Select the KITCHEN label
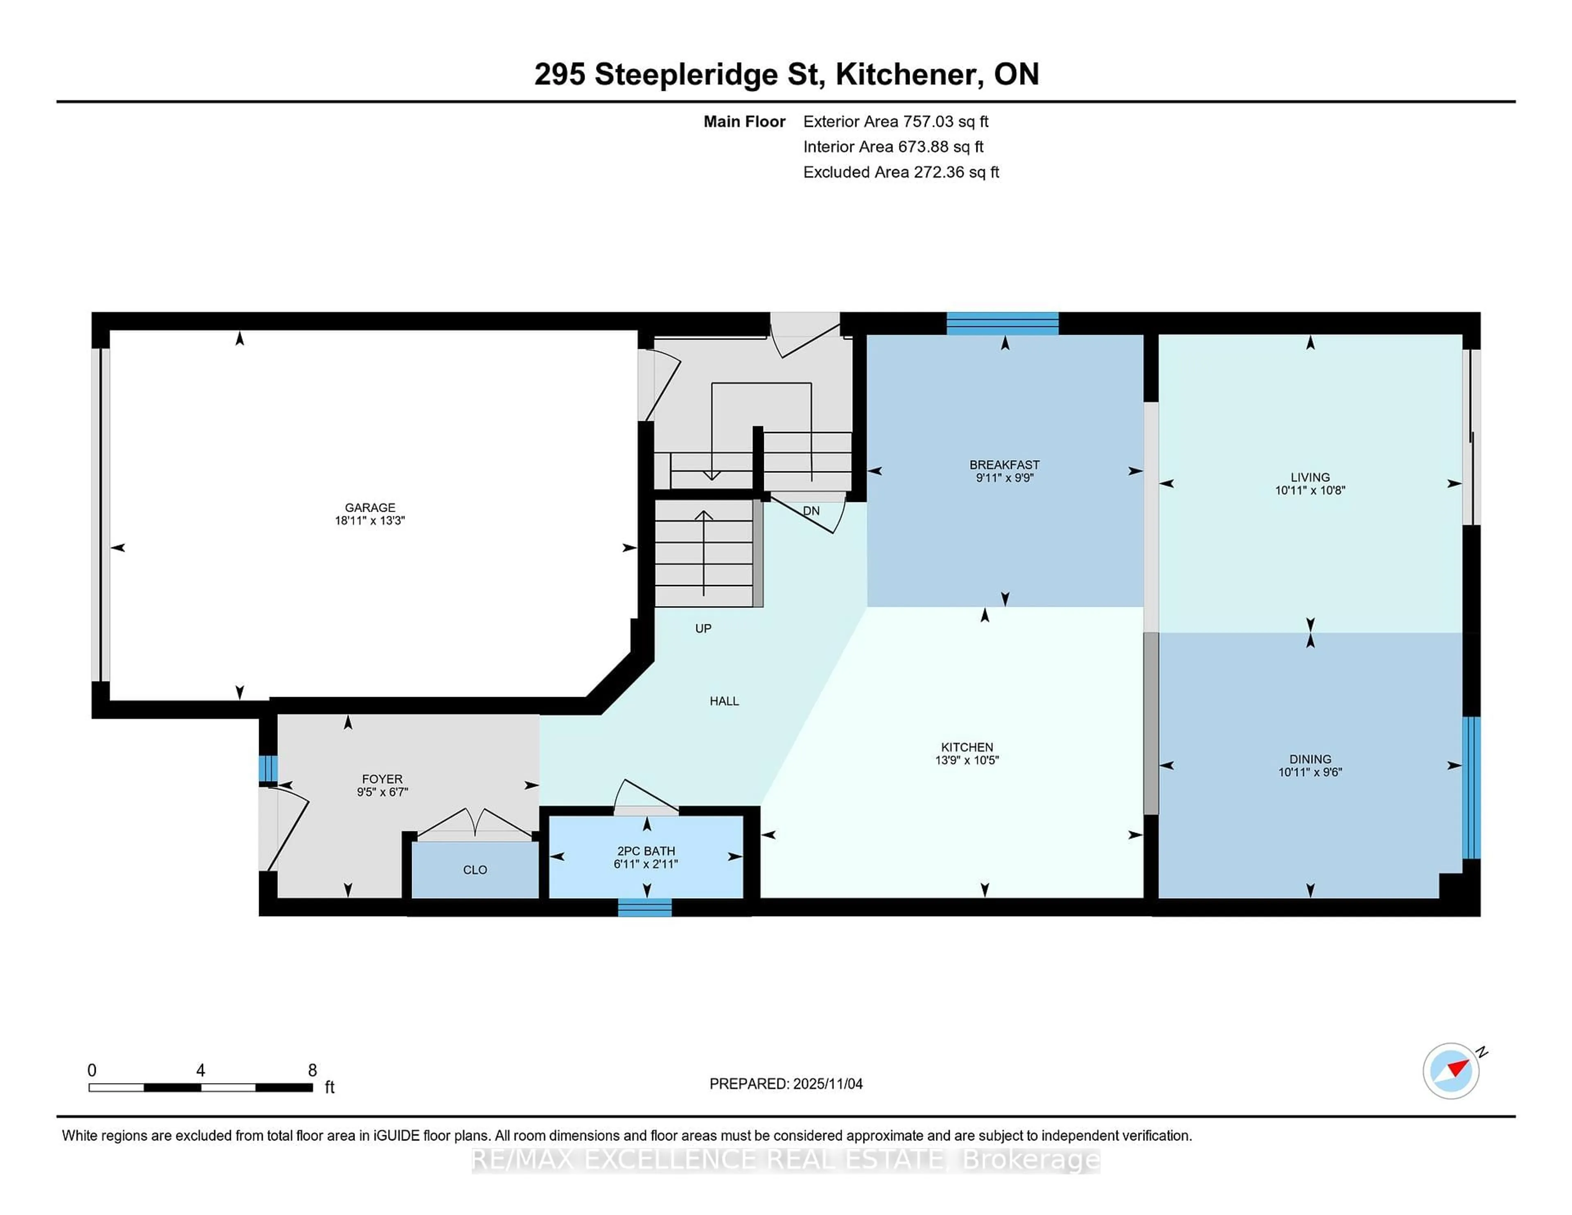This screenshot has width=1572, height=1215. [967, 747]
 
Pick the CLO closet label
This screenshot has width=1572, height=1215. [474, 869]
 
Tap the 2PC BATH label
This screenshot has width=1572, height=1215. [646, 851]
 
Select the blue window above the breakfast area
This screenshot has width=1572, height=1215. [1002, 323]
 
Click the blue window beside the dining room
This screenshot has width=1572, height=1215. [1471, 788]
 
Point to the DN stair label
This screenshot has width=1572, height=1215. [811, 511]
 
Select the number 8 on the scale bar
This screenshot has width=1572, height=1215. [312, 1070]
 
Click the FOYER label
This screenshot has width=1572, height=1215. [382, 779]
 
